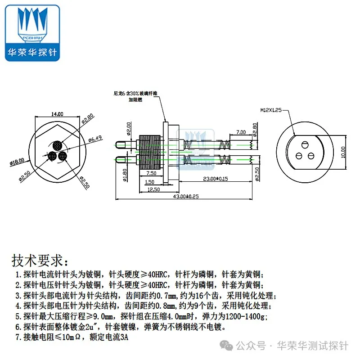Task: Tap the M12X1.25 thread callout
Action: point(271,109)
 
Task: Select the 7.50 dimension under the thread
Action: point(151,173)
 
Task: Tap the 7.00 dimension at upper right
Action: point(241,132)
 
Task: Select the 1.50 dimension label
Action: point(149,182)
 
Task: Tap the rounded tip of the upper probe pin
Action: point(117,144)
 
